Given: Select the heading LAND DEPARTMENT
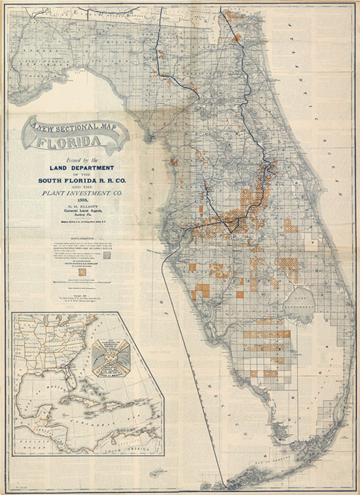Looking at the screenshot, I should pyautogui.click(x=82, y=168).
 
